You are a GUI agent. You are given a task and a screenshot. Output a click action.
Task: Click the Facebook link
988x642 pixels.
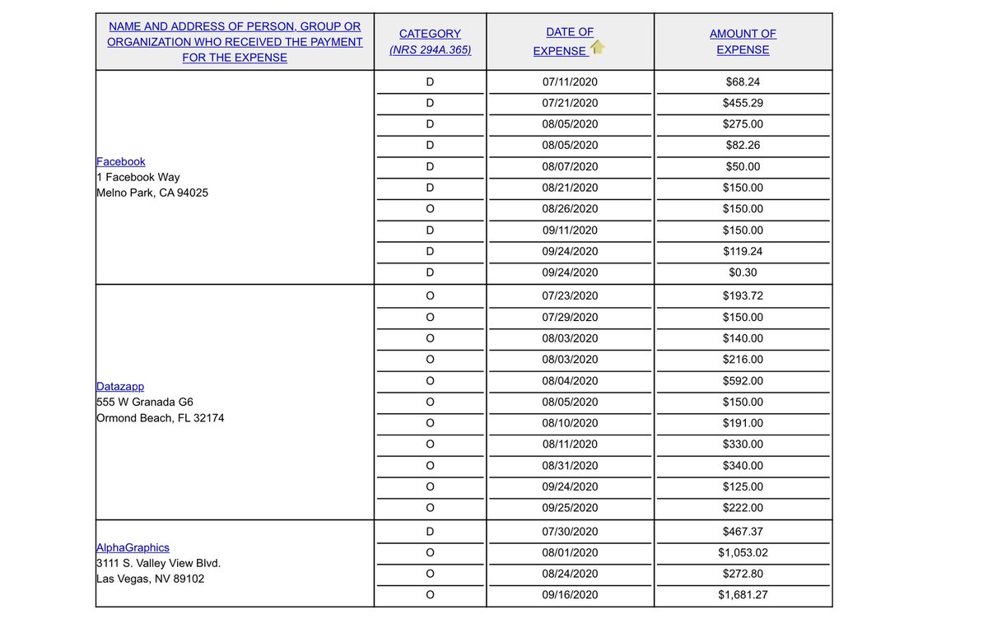point(121,162)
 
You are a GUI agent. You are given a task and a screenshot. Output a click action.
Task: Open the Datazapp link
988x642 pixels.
point(120,387)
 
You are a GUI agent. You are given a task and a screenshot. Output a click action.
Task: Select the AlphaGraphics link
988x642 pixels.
point(133,548)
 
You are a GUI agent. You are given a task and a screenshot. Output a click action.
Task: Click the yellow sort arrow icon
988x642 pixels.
point(598,48)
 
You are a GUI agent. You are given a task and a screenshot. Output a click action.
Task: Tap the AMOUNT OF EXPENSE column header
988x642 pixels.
point(743,42)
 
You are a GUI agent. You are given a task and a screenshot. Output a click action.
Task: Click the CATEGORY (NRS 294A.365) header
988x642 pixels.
point(430,42)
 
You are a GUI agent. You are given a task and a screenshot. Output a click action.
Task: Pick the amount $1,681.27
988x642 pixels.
point(743,595)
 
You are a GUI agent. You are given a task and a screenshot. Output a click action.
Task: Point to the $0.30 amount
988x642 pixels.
point(743,272)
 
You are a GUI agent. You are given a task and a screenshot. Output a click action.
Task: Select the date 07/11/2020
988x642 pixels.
point(570,82)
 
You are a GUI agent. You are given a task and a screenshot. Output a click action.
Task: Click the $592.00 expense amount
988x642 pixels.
point(743,381)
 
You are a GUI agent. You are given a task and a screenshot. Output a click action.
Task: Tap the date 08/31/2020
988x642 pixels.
point(570,466)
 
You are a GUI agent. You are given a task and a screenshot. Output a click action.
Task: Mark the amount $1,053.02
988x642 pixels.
point(743,553)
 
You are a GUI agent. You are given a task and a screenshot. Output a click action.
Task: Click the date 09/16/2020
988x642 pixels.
point(570,595)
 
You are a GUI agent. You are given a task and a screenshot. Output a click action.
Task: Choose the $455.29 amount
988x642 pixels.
point(743,104)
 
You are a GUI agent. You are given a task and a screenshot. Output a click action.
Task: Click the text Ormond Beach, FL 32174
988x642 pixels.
point(160,418)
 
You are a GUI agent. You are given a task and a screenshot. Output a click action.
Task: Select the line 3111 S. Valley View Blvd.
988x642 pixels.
point(158,564)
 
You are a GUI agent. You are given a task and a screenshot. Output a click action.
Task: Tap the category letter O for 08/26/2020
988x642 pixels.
point(430,209)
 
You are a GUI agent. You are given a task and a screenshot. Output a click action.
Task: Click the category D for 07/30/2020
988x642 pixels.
point(430,533)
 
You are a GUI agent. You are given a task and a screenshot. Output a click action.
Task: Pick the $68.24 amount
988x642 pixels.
point(743,82)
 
